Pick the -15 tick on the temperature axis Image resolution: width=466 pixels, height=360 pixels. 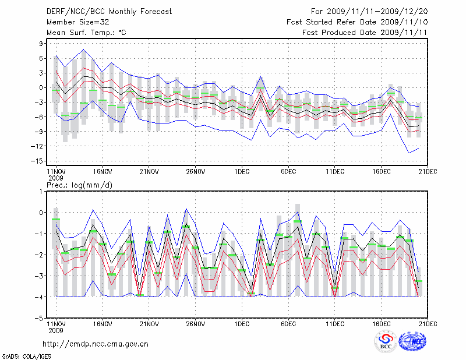[39, 161]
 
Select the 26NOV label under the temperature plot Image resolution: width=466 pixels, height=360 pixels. [195, 171]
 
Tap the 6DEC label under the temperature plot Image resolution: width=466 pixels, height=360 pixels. [288, 171]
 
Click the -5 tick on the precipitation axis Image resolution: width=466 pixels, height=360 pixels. [41, 319]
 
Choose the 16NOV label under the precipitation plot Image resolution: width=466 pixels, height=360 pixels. [102, 324]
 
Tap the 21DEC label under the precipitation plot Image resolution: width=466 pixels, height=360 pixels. [428, 324]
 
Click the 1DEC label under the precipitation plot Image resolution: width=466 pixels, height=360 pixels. [242, 324]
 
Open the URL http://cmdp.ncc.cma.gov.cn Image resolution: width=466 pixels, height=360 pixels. [96, 344]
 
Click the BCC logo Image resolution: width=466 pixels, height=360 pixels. [385, 341]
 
